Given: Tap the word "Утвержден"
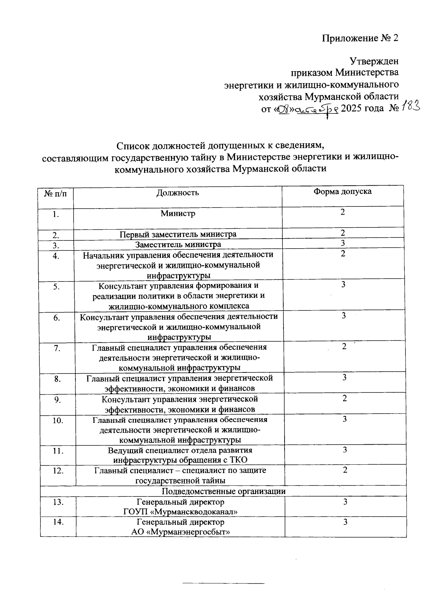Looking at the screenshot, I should pos(374,61).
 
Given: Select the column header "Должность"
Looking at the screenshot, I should pos(178,193).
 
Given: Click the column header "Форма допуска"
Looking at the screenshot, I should pos(342,191).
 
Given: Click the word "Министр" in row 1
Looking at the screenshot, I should pos(178,214).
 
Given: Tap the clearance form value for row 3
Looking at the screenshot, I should pos(342,243).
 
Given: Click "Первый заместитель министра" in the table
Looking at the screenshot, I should pos(178,234).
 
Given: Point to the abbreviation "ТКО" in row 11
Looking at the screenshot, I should pos(236,460).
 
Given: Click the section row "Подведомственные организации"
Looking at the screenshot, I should pos(224,491).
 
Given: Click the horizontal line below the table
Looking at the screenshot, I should pos(223,584).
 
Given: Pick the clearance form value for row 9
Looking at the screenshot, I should pos(344,398).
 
